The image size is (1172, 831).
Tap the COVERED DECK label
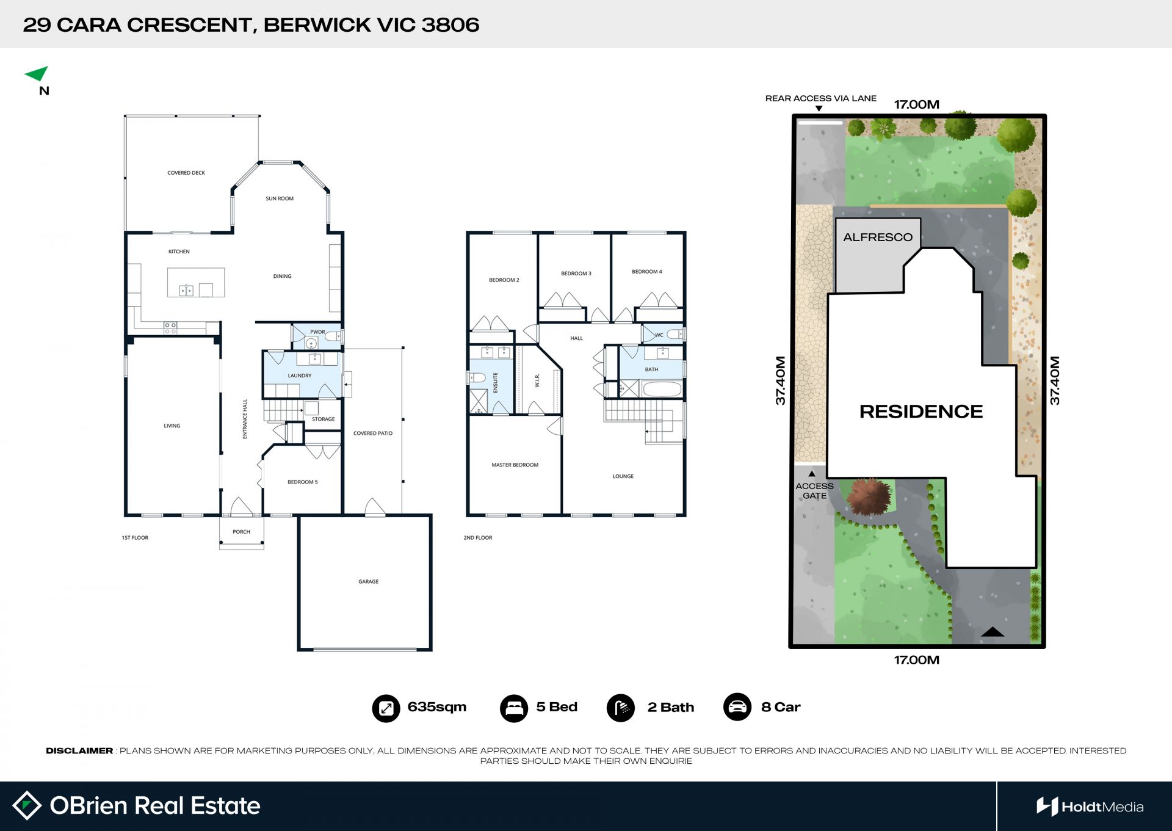(x=186, y=173)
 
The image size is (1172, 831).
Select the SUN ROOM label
(x=280, y=198)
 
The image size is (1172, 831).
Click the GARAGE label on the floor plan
(x=369, y=581)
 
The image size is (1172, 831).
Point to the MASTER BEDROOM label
(x=515, y=465)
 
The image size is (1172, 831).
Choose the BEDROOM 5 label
(x=303, y=482)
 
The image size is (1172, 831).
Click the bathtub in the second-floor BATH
(x=662, y=389)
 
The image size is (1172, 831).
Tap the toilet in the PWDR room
(x=333, y=336)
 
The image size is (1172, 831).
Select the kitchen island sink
(x=186, y=290)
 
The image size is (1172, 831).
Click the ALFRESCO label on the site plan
(x=878, y=237)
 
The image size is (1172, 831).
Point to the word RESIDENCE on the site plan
(x=921, y=412)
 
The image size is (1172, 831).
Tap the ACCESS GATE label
(x=814, y=490)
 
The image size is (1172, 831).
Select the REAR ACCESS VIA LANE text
(x=821, y=98)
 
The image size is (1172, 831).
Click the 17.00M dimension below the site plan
(x=917, y=660)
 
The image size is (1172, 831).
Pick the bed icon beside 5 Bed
(x=514, y=708)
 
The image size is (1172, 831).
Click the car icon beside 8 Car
(x=737, y=707)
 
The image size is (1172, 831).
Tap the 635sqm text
(x=437, y=707)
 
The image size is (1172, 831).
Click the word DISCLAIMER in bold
(x=79, y=750)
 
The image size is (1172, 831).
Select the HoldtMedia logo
(x=1090, y=807)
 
